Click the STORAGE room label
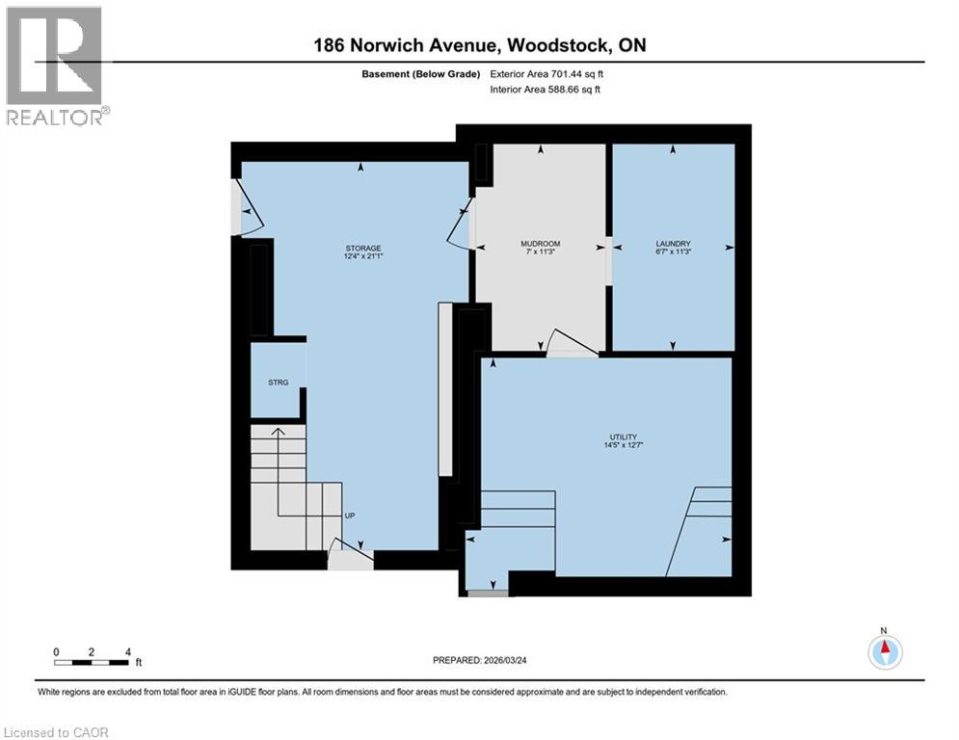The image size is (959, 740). point(363,249)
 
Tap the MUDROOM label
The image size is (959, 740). point(540,244)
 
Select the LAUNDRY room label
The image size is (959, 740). point(673,244)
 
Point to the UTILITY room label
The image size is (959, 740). point(624,437)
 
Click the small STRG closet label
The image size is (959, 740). point(279,383)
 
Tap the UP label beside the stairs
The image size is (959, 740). point(350,515)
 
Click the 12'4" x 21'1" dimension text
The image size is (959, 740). point(363,256)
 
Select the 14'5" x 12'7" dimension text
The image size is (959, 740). point(624,445)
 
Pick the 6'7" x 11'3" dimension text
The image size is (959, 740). point(673,251)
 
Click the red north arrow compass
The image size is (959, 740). point(885,652)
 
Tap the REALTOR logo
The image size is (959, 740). point(55,66)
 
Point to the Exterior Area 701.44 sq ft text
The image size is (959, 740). point(546,74)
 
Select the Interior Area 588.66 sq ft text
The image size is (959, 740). point(545,90)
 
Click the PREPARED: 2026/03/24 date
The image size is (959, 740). point(480,660)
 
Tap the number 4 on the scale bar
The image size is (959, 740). point(128,652)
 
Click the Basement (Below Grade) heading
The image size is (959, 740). point(421,74)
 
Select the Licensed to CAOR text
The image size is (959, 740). point(56,732)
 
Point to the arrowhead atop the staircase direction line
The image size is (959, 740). point(279,432)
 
